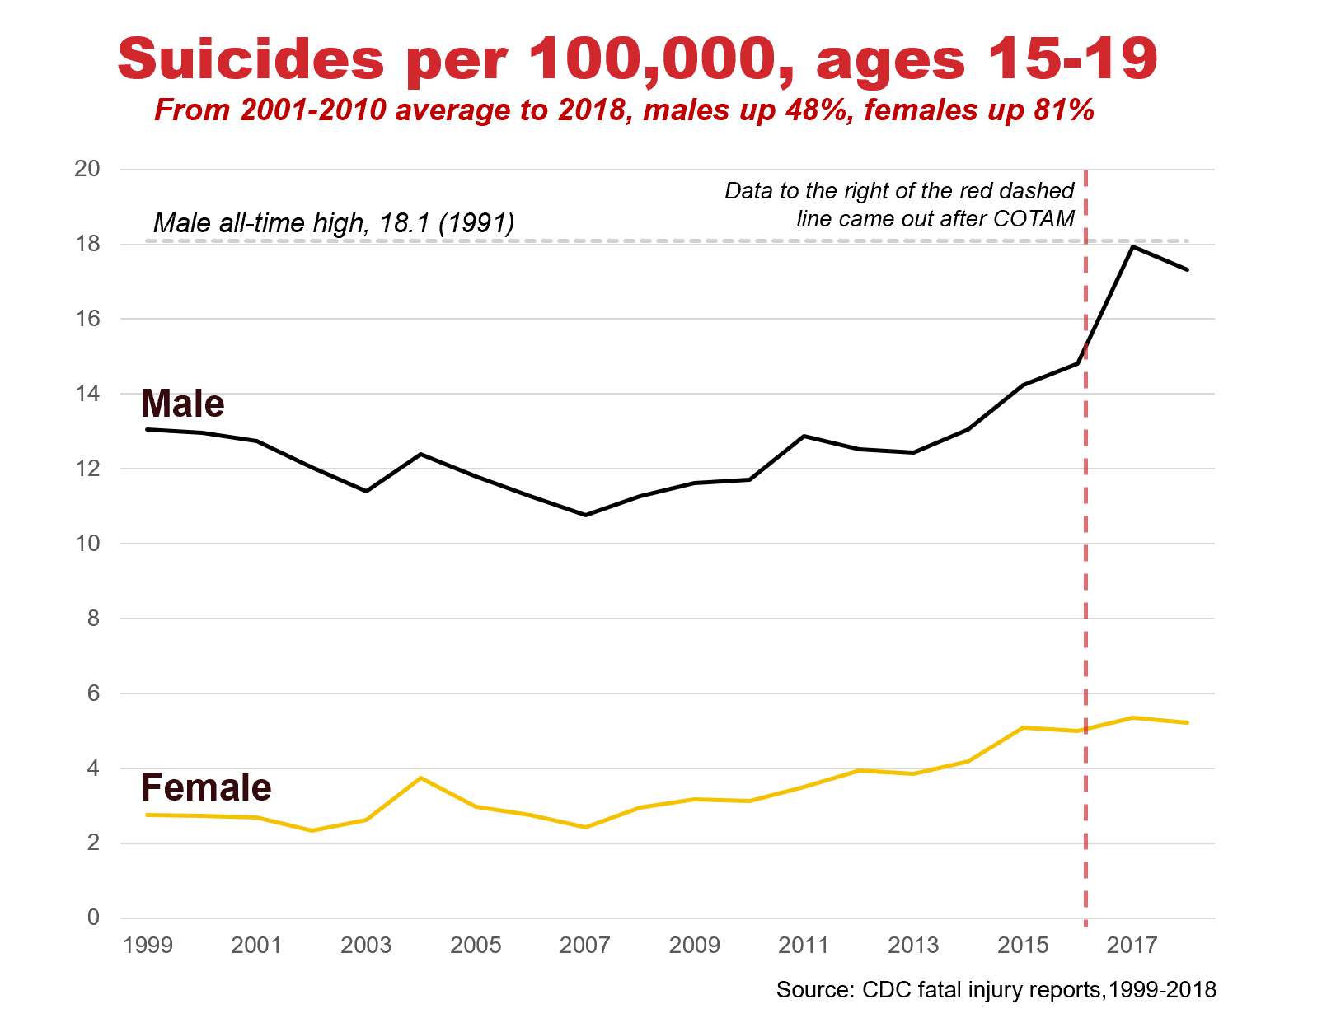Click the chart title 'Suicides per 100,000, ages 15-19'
coord(637,59)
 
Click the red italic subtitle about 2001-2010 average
coord(624,110)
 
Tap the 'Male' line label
coord(182,404)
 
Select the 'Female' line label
coord(206,788)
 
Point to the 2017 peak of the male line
coord(1132,247)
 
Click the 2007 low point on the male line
coord(585,515)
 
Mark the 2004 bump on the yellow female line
coord(421,778)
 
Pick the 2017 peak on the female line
coord(1132,717)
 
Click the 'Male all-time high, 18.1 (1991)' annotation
coord(334,223)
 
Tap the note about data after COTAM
coord(899,204)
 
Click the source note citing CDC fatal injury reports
coord(996,989)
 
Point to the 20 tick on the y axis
coord(87,169)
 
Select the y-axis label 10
coord(87,544)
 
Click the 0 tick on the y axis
coord(93,918)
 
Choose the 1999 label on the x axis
coord(148,945)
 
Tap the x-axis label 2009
coord(694,945)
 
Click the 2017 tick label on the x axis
coord(1132,945)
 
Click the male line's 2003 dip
coord(366,491)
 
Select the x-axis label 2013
coord(913,945)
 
